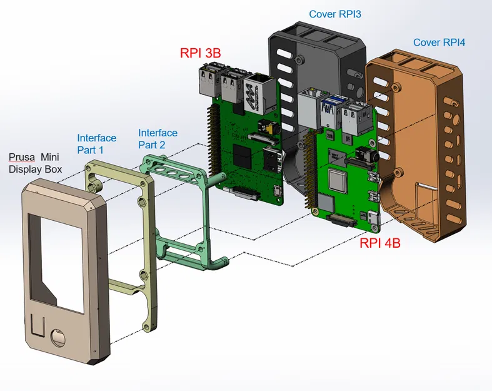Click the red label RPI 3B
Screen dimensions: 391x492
coord(200,53)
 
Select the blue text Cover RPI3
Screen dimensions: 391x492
coord(335,14)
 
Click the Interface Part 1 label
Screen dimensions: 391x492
coord(96,144)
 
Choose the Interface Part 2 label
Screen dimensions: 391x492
coord(158,139)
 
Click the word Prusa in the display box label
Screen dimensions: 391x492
coord(22,157)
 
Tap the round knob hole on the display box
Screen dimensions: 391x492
coord(58,338)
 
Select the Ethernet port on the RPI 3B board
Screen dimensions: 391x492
coord(257,91)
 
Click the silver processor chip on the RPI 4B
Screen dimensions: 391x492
coord(338,182)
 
